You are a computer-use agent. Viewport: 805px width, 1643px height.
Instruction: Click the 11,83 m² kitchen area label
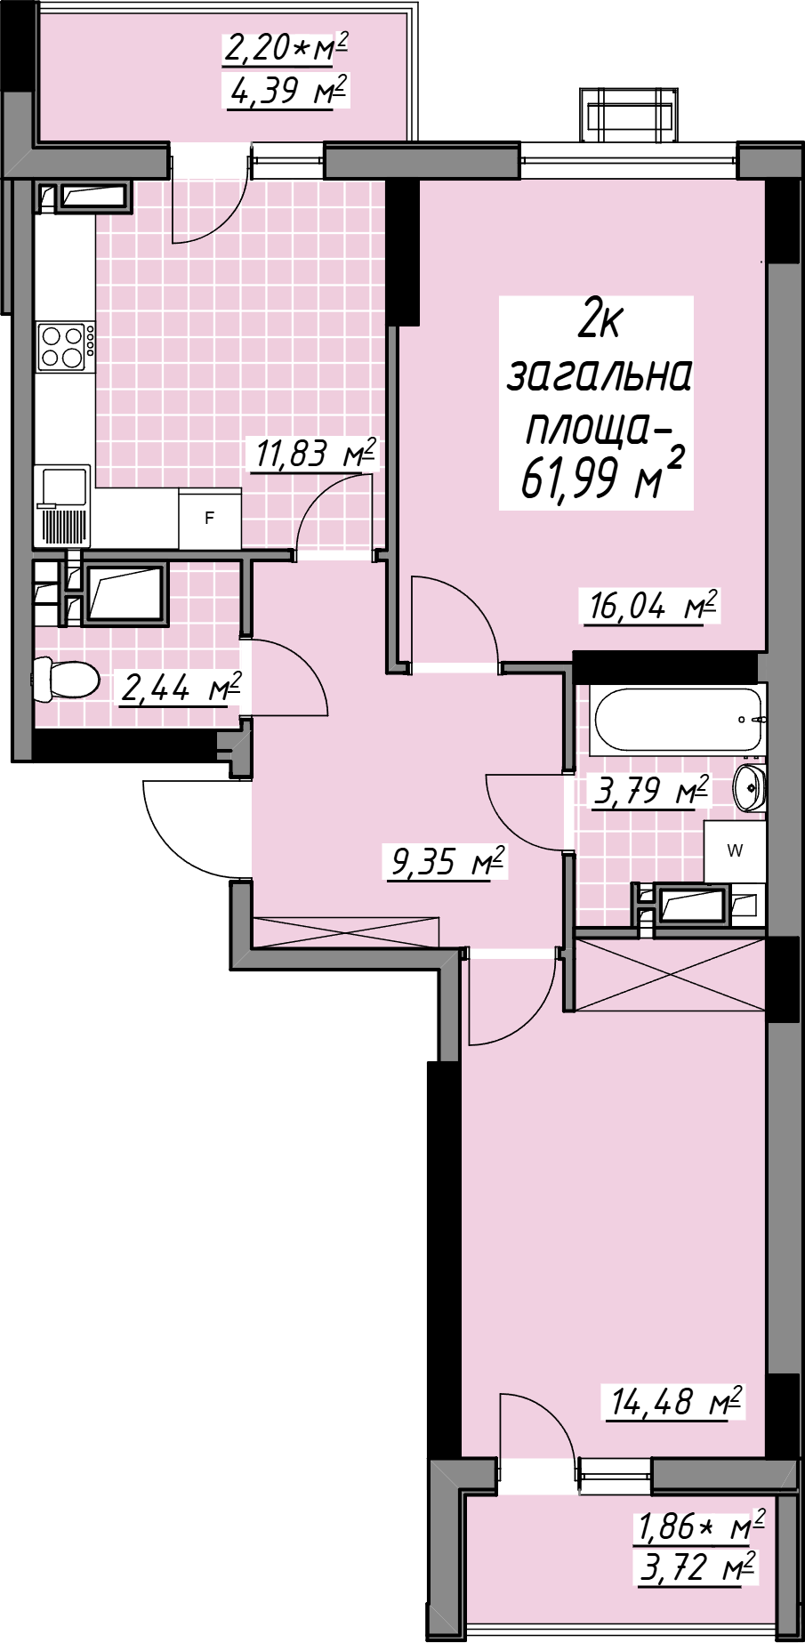coord(316,454)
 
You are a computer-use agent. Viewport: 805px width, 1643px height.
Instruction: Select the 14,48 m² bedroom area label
coord(675,1401)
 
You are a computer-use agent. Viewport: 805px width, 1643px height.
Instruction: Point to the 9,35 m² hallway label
coord(447,861)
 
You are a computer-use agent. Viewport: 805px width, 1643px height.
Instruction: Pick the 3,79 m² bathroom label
coord(651,790)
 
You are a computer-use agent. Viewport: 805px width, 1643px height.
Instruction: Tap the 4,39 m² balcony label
coord(286,91)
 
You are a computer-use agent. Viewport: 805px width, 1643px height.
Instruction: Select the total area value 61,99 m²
coord(602,479)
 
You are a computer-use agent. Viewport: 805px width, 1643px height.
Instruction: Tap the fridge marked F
coord(210,519)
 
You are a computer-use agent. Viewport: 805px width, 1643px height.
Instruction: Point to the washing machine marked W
coord(735,851)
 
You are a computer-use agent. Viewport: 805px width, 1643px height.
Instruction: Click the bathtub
coord(679,720)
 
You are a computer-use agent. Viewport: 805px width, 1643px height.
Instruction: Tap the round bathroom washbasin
coord(750,786)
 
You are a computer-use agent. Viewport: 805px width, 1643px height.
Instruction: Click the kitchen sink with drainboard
coord(62,504)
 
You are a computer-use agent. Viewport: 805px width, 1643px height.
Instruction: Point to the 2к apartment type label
coord(600,320)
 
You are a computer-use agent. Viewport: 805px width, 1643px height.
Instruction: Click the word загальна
coord(600,377)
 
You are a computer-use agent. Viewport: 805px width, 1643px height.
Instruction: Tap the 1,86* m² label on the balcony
coord(700,1526)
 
